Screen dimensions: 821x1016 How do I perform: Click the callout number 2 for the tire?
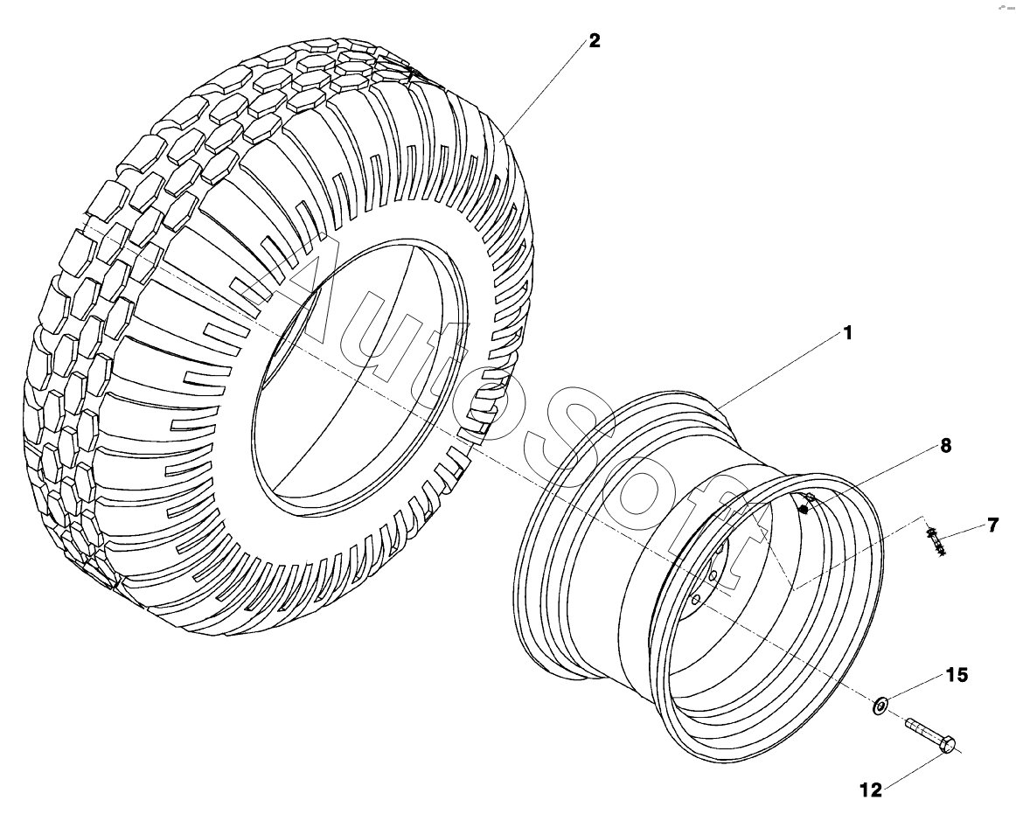pos(594,40)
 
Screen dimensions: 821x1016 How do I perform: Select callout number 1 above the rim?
pos(846,333)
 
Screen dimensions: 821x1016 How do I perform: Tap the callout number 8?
pos(945,445)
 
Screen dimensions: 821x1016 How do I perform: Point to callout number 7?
pos(992,525)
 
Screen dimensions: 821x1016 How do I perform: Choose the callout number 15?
pos(957,675)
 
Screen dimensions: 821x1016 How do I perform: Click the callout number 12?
pos(871,790)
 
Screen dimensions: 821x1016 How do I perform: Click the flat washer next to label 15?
pos(880,703)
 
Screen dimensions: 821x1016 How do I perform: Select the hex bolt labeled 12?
pos(928,734)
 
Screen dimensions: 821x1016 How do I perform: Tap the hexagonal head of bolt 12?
pos(947,745)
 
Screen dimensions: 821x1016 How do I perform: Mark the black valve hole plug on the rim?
pos(804,509)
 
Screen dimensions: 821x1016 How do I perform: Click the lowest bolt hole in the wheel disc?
pos(696,600)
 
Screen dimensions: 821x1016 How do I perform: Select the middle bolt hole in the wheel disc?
pos(713,574)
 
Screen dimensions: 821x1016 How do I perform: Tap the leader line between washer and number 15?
pos(915,689)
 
